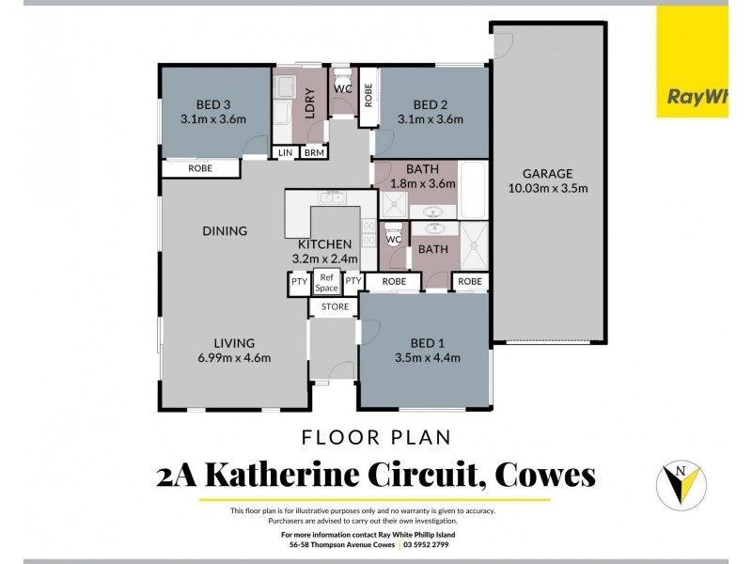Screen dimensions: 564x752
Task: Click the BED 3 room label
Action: [213, 103]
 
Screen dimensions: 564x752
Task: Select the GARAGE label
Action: [547, 173]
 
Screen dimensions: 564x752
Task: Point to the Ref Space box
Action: [326, 282]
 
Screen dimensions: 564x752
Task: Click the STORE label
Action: [335, 306]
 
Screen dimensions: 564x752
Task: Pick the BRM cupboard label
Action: [314, 152]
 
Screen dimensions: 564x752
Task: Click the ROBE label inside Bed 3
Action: [200, 168]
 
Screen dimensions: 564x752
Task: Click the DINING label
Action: [224, 230]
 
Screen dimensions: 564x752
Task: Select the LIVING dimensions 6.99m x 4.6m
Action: [233, 357]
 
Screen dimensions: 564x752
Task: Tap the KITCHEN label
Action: [325, 244]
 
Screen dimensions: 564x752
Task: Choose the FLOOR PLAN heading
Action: [376, 436]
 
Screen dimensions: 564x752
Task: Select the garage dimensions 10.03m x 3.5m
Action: [547, 188]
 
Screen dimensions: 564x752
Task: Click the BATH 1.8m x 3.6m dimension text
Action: [423, 183]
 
